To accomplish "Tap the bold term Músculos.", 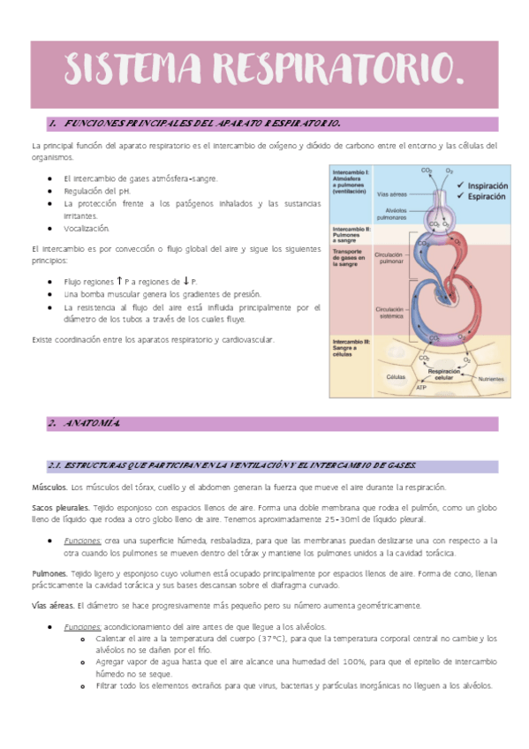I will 49,488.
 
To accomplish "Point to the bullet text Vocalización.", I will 87,228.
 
